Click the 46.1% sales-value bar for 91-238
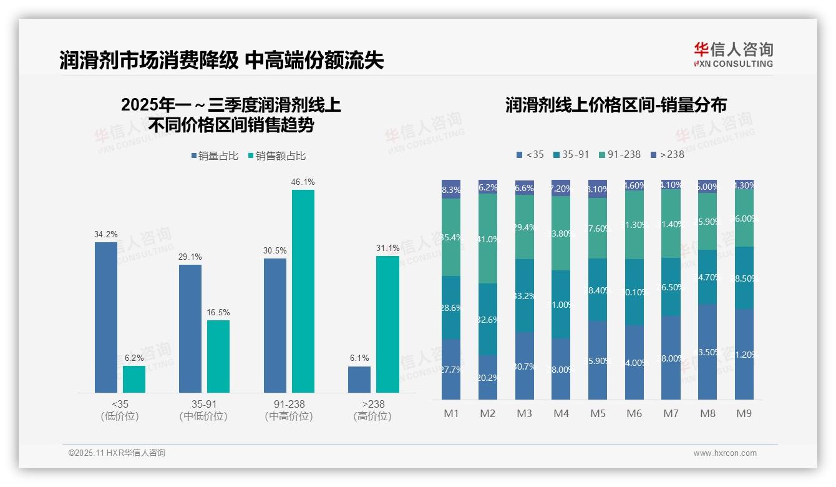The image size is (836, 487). coord(303,291)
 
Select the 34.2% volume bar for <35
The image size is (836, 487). coord(105,317)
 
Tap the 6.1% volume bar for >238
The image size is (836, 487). coord(359,380)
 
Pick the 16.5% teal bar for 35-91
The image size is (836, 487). coord(218,357)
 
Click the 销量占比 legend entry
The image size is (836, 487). coord(215,156)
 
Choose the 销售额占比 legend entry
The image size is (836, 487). coord(276,156)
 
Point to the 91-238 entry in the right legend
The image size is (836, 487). coord(619,154)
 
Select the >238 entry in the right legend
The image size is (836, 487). coord(667,154)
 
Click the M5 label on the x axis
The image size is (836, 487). coord(598,413)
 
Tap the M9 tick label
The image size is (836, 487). coord(744,413)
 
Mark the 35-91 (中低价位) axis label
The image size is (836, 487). coord(203,410)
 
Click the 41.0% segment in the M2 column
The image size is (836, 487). coord(488,239)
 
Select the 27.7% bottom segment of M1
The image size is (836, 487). coord(451,369)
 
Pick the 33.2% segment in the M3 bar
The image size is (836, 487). coord(525,295)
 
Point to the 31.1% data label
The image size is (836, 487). coord(387,248)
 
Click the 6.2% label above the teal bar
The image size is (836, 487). coord(134,358)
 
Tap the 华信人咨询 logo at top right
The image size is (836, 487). coord(733,55)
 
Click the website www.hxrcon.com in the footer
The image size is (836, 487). coord(725,453)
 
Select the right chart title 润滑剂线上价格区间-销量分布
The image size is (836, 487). coord(616,106)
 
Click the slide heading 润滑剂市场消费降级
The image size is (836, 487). coord(149,61)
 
